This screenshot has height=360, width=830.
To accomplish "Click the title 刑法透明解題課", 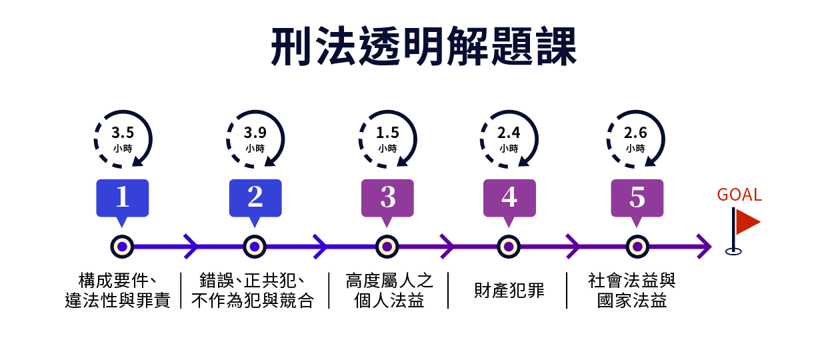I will (x=423, y=47).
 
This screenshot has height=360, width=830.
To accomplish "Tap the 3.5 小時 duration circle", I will (x=123, y=138).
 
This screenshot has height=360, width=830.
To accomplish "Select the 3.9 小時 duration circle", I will (x=255, y=138).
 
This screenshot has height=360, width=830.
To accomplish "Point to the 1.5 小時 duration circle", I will (x=387, y=138).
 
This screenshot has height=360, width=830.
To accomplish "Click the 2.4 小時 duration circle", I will (x=509, y=138).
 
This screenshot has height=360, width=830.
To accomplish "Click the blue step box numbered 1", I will (x=122, y=197).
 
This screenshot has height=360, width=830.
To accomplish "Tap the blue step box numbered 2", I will (x=255, y=197).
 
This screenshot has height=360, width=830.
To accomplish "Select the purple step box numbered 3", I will (x=387, y=197).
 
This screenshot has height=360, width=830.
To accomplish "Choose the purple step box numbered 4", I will (x=509, y=197).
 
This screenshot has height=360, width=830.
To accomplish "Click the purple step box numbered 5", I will (x=637, y=197).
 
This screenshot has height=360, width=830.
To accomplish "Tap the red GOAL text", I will (x=739, y=195).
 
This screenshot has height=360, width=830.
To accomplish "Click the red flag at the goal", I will (x=746, y=223).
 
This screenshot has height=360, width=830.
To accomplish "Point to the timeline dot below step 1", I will (x=122, y=247).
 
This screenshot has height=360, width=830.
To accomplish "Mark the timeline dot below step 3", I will (x=387, y=247).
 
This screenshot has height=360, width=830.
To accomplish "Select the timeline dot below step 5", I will (x=637, y=247).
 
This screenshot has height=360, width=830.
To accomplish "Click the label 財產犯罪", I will (x=509, y=291).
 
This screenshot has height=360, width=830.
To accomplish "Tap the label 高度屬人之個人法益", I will (x=389, y=291).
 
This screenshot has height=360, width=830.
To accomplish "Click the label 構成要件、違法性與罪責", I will (x=117, y=291).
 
